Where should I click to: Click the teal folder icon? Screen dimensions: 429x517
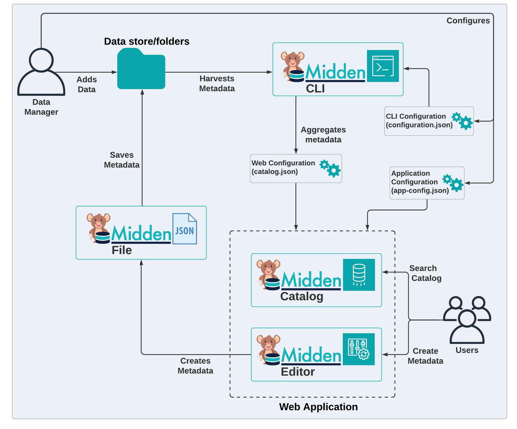(x=141, y=69)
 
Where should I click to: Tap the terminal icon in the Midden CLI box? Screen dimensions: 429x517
(x=383, y=66)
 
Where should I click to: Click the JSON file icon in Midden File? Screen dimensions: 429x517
(x=185, y=229)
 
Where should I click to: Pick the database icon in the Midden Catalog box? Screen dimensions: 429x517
(x=359, y=275)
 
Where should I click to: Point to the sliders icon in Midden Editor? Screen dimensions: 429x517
(x=358, y=349)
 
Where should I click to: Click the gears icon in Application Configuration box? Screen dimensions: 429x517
(x=453, y=183)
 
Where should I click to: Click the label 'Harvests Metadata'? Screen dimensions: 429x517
(x=217, y=84)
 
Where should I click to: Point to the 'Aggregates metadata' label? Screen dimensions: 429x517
(x=323, y=135)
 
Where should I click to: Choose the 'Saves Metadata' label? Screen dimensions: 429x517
(x=122, y=160)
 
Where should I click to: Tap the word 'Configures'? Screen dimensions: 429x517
(x=468, y=21)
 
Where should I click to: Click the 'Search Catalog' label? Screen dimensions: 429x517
(x=425, y=273)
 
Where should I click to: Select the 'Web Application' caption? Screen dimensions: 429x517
(x=318, y=407)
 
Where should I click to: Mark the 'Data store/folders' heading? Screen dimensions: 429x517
(x=147, y=41)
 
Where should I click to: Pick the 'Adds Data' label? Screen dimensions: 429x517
(x=87, y=84)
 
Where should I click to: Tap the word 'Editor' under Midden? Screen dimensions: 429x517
(x=298, y=372)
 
